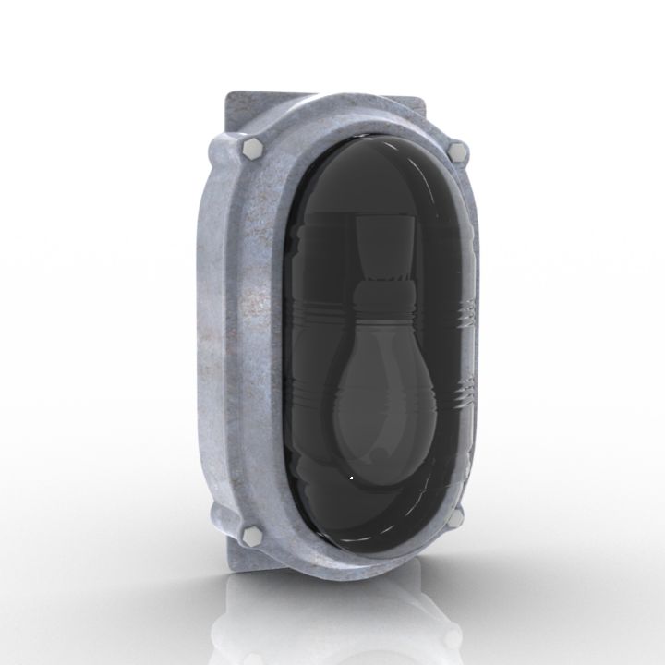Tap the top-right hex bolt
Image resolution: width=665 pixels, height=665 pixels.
click(x=455, y=150)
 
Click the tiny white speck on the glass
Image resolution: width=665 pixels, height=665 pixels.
click(x=351, y=478)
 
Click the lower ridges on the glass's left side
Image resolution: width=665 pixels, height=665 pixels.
click(x=303, y=388)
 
